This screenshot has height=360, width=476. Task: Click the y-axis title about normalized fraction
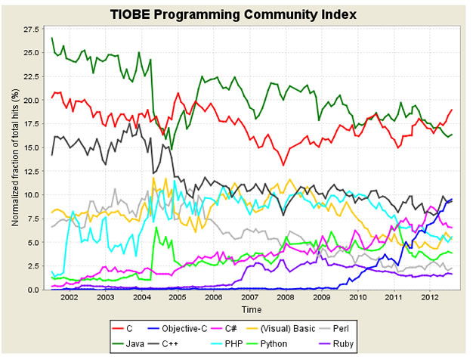click(x=15, y=158)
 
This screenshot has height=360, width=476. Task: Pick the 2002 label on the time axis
click(x=69, y=298)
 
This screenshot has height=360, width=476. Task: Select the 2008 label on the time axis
click(x=286, y=298)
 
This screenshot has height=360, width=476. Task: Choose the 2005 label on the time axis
click(x=178, y=298)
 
